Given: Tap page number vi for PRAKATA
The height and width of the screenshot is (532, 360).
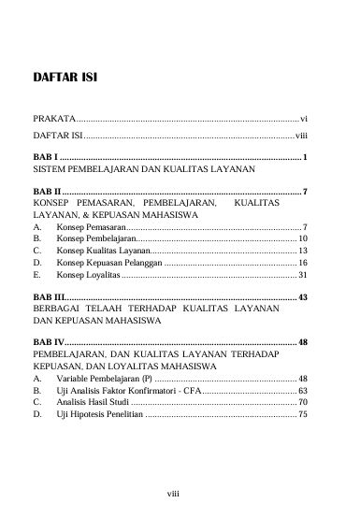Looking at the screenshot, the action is [x=304, y=121].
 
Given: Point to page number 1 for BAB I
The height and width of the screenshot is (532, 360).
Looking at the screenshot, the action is [x=306, y=155].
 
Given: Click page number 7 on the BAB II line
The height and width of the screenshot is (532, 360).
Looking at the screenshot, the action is [x=306, y=190].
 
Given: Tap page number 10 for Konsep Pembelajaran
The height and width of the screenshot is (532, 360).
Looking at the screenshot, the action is [x=302, y=238].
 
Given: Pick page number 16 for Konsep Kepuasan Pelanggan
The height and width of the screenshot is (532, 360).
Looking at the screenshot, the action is [x=302, y=265].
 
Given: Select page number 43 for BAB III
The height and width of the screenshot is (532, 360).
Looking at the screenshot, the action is [x=302, y=296].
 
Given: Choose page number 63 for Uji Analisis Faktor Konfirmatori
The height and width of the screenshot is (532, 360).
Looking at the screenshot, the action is [x=302, y=390].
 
